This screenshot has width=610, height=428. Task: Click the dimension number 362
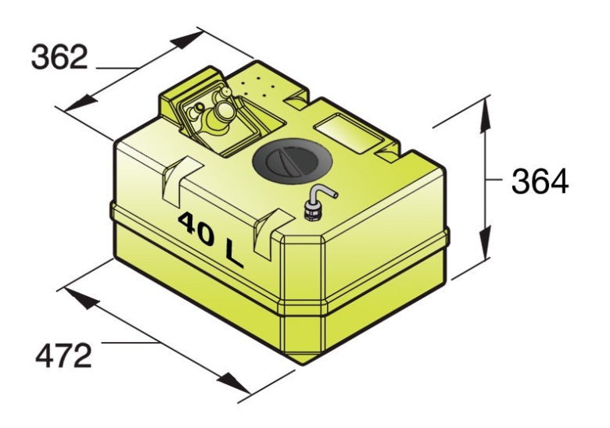59,56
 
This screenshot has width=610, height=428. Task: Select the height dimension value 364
540,182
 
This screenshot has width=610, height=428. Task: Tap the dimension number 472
63,357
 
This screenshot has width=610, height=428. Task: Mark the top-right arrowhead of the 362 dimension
192,41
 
